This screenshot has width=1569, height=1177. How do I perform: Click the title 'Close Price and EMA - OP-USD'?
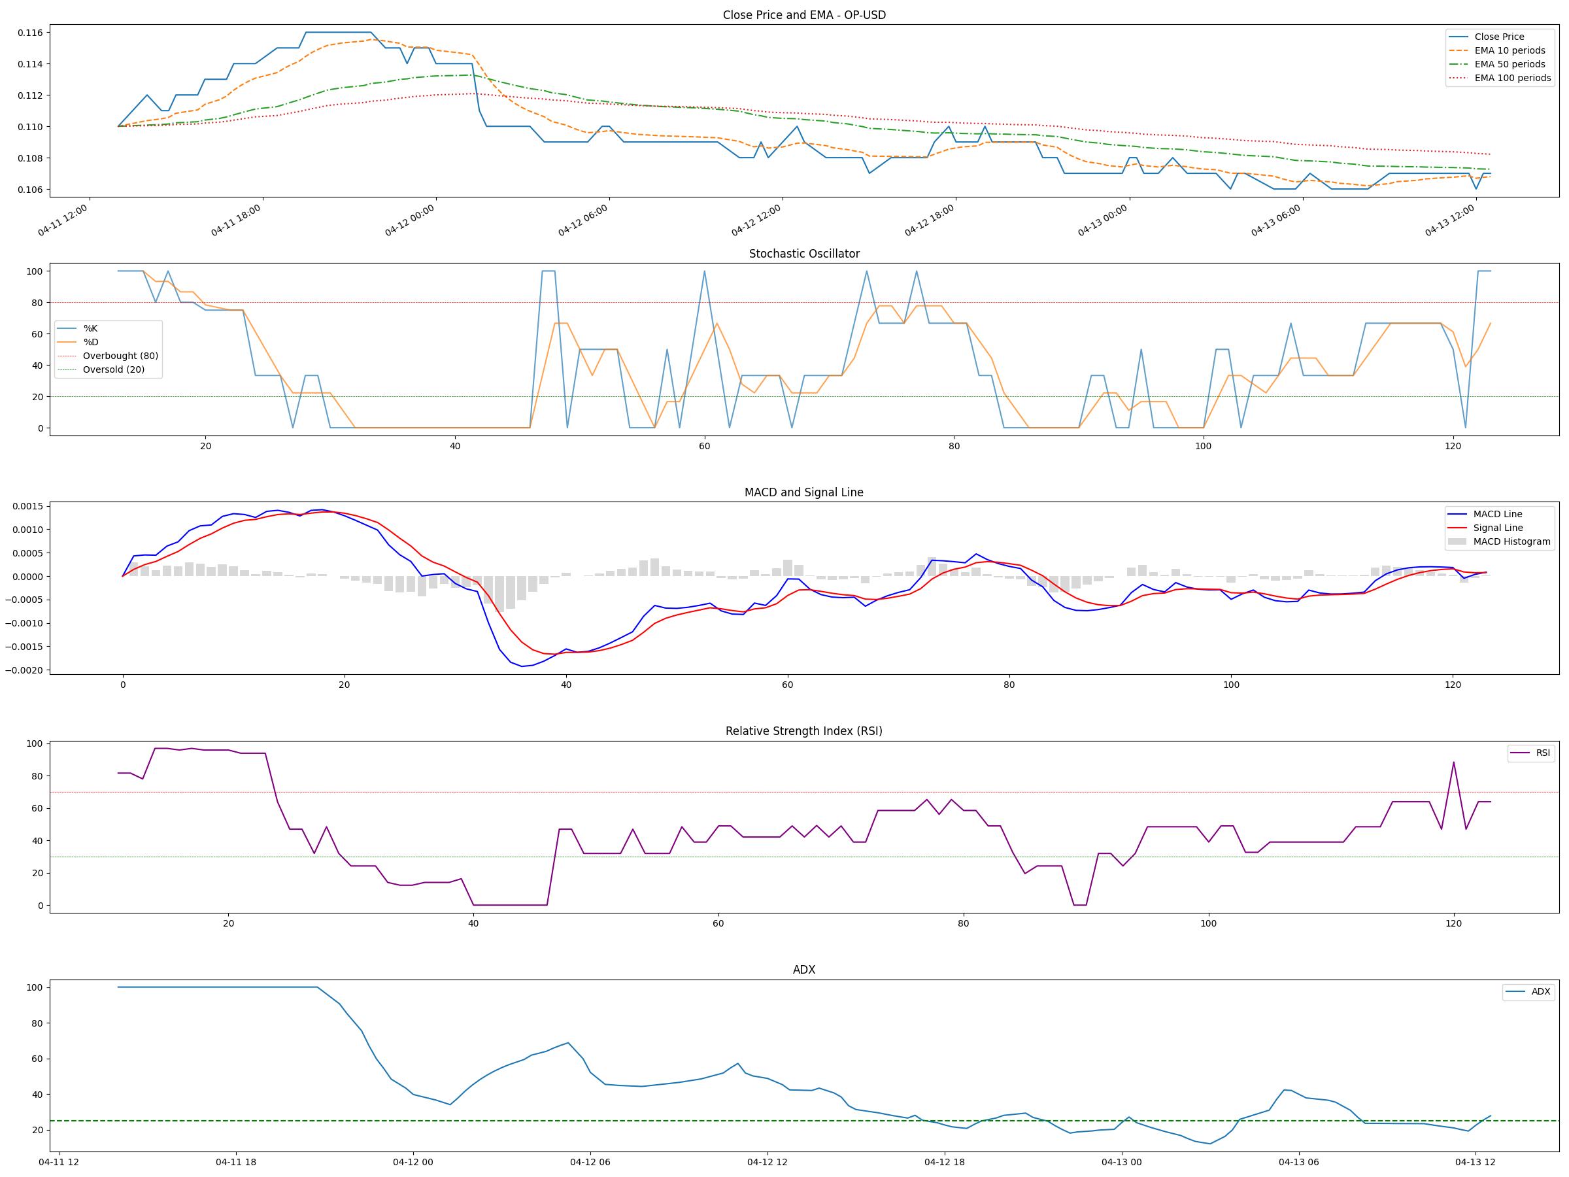(x=803, y=15)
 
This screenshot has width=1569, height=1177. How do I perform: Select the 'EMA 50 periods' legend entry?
(x=1510, y=64)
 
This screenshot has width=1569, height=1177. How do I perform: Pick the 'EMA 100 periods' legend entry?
(x=1512, y=78)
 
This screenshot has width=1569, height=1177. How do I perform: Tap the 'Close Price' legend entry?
(x=1499, y=37)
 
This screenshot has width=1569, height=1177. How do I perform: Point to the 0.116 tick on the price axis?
(x=30, y=33)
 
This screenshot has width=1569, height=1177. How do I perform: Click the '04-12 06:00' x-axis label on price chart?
(x=583, y=220)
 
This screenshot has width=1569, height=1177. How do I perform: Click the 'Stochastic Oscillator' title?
(x=803, y=254)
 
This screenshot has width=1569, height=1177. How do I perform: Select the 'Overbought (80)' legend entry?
(x=120, y=356)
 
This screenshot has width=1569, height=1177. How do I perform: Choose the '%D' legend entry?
(x=91, y=342)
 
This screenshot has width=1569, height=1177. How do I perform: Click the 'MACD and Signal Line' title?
(x=803, y=492)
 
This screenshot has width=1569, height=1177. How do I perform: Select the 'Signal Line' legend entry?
(x=1497, y=528)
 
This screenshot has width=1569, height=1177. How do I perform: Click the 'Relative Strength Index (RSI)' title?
(x=803, y=731)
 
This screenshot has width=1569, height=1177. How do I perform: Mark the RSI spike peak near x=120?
(x=1453, y=762)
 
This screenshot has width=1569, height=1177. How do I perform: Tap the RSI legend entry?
(x=1543, y=753)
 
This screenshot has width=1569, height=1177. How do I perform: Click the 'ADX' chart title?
(x=803, y=970)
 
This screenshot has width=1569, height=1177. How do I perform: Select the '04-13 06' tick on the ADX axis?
(x=1299, y=1162)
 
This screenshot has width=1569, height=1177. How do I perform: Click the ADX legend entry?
(x=1541, y=992)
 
